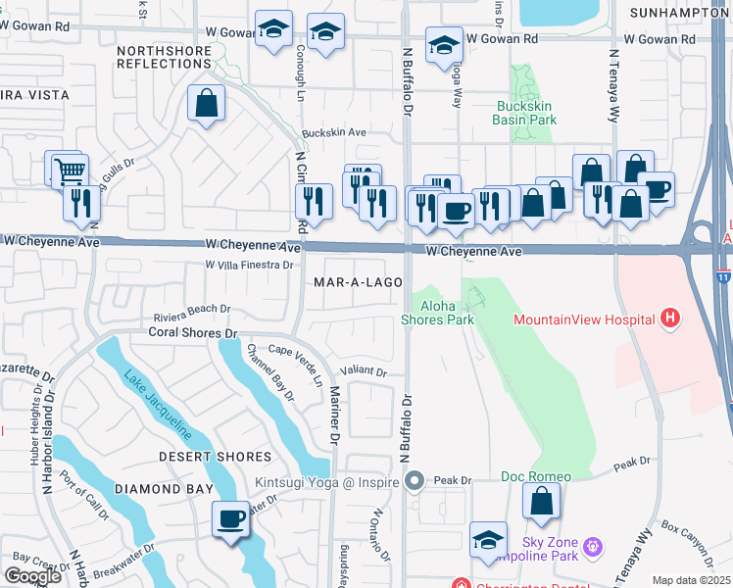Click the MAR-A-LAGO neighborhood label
pos(359,282)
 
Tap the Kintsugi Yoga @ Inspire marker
pos(415,481)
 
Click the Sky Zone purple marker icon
pos(592,544)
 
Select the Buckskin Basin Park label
pos(524,112)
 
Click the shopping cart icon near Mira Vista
pos(70,171)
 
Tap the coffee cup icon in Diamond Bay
pos(231,518)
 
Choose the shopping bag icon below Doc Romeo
pos(541,504)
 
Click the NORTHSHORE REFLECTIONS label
pos(165,56)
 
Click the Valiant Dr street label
pos(364,371)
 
